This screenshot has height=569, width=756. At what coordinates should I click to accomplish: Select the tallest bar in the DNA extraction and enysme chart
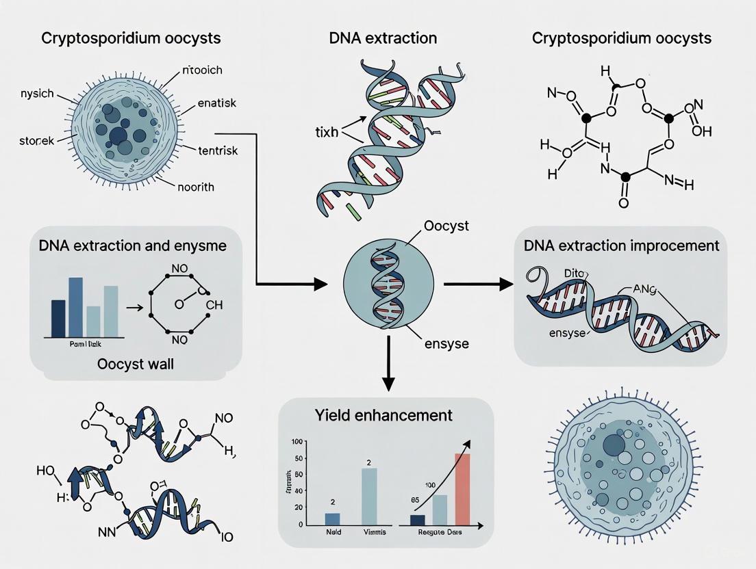pyautogui.click(x=75, y=306)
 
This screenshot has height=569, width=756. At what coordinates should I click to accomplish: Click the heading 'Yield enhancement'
pyautogui.click(x=383, y=415)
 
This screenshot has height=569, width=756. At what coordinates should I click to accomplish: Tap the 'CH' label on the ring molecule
pyautogui.click(x=214, y=305)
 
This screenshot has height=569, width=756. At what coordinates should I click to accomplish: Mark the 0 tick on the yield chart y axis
pyautogui.click(x=300, y=525)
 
